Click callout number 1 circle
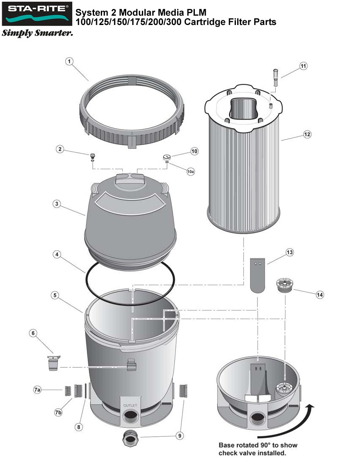[x=70, y=61]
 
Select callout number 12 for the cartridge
[x=307, y=134]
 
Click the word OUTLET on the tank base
[x=130, y=405]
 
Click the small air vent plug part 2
[x=93, y=156]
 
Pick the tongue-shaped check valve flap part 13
[x=258, y=275]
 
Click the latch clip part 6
[x=53, y=363]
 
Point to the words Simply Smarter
[x=37, y=33]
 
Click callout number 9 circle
[x=180, y=435]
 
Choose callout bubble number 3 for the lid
[x=56, y=204]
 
